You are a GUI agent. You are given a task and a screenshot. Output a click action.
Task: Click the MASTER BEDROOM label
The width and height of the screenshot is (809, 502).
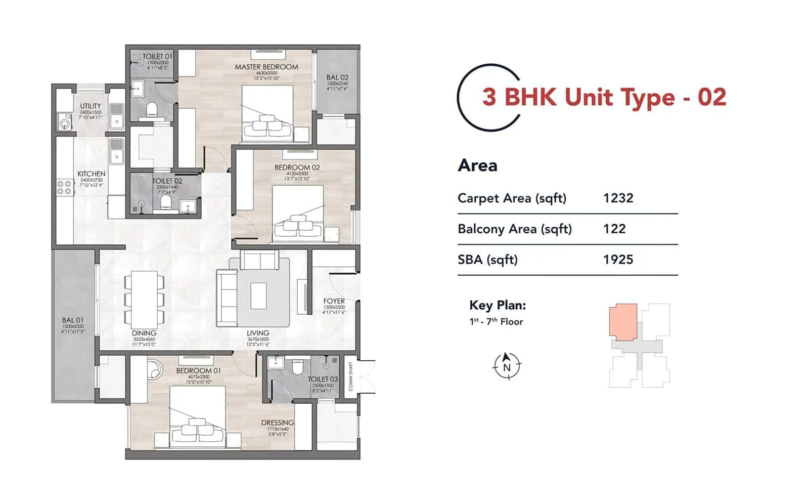pyautogui.click(x=266, y=67)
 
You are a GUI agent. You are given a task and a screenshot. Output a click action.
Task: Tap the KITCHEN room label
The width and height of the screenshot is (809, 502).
pyautogui.click(x=92, y=174)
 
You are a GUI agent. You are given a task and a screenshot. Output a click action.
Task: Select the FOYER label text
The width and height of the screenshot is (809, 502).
pyautogui.click(x=334, y=301)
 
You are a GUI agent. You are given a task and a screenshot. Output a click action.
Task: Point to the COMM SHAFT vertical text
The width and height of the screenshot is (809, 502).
pyautogui.click(x=351, y=377)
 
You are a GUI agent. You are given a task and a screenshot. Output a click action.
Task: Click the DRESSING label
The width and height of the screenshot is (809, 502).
pyautogui.click(x=278, y=423)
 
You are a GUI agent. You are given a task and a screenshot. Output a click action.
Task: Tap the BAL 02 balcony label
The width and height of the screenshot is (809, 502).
pyautogui.click(x=337, y=77)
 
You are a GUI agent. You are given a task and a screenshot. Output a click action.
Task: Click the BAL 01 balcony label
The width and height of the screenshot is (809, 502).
pyautogui.click(x=73, y=320)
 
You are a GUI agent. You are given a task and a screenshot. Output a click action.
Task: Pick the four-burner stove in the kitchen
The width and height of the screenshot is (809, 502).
pyautogui.click(x=64, y=188)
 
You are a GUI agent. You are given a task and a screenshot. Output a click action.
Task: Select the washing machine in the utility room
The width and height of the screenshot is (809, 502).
pyautogui.click(x=65, y=122)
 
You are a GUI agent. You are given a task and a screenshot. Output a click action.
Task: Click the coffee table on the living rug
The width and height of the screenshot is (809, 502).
pyautogui.click(x=258, y=296)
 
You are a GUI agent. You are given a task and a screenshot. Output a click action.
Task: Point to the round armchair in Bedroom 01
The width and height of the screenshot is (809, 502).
pyautogui.click(x=153, y=368)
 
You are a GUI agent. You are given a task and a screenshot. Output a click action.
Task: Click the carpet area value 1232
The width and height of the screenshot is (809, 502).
pyautogui.click(x=618, y=198)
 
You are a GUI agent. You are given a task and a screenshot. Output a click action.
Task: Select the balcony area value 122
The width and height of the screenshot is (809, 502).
pyautogui.click(x=614, y=229)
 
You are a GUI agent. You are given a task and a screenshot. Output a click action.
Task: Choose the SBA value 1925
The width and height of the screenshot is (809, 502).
pyautogui.click(x=618, y=260)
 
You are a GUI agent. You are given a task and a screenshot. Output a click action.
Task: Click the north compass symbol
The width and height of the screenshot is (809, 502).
pyautogui.click(x=507, y=366)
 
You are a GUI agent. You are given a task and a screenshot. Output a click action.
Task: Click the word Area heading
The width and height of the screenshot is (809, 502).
pyautogui.click(x=477, y=165)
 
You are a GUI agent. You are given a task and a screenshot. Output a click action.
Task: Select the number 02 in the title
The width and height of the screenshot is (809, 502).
pyautogui.click(x=712, y=97)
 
